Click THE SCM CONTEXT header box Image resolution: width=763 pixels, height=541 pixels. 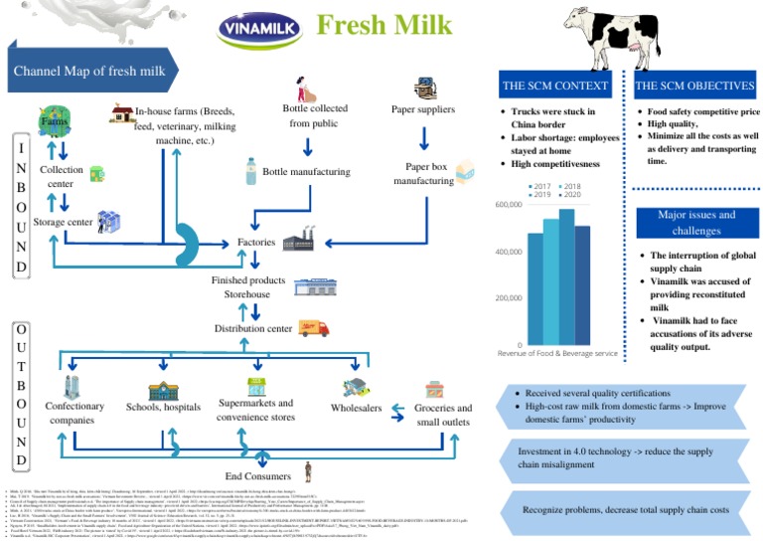tap(555, 87)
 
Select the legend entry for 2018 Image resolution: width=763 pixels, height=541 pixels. tap(572, 186)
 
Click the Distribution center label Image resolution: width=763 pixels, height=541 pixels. tap(254, 328)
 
